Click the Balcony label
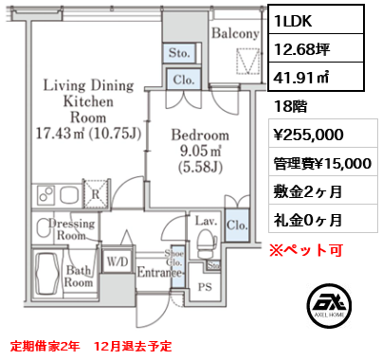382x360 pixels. pyautogui.click(x=235, y=34)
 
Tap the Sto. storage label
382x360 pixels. pyautogui.click(x=180, y=53)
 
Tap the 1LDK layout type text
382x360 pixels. pyautogui.click(x=294, y=18)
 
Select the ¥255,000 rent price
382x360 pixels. pyautogui.click(x=310, y=135)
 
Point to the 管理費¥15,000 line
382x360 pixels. pyautogui.click(x=320, y=163)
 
